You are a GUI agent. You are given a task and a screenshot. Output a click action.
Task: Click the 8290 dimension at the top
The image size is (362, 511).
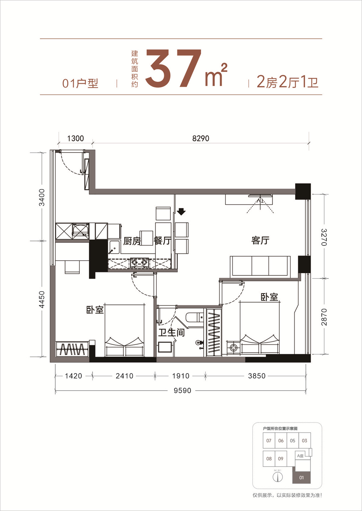201,138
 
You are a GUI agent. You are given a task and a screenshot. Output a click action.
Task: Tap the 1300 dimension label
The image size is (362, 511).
76,138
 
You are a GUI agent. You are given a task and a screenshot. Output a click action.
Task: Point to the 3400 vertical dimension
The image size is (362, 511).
42,197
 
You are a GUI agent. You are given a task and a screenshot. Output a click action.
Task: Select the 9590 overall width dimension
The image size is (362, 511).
182,391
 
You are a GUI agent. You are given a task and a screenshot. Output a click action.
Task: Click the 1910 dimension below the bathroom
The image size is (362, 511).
181,376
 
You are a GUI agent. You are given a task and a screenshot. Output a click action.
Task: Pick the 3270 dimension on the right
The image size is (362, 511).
324,237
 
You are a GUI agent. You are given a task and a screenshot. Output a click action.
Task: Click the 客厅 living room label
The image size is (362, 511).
260,240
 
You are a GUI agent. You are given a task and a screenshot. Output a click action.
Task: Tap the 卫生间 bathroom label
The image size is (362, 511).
172,332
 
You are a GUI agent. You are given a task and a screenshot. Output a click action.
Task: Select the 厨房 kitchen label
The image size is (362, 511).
132,241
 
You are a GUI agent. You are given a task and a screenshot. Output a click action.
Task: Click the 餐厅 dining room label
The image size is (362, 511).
163,241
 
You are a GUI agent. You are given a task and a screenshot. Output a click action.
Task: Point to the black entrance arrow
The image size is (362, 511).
181,211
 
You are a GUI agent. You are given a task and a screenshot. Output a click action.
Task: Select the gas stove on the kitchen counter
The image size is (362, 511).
139,263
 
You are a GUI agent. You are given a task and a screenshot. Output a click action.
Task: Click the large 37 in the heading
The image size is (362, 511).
174,68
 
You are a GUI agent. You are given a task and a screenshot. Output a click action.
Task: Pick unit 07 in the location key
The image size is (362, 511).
269,441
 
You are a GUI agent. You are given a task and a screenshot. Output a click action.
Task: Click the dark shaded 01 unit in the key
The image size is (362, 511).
302,477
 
